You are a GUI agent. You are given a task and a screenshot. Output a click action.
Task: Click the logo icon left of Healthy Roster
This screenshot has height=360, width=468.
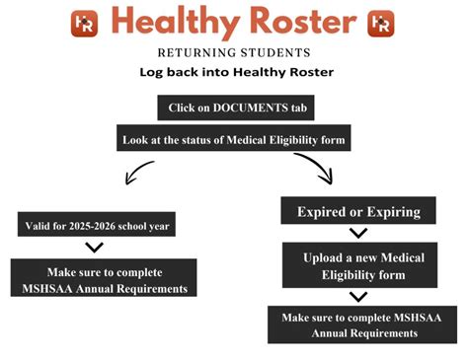84,24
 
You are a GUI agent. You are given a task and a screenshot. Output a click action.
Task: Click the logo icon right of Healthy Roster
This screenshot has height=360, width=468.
380,24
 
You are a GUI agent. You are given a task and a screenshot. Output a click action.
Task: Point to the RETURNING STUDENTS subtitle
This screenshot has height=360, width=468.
234,52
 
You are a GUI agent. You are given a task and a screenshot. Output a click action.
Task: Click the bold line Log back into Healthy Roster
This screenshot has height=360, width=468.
234,72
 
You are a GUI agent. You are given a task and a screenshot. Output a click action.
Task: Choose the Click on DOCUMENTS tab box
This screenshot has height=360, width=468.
234,107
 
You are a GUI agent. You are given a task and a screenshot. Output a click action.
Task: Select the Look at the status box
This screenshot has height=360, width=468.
234,138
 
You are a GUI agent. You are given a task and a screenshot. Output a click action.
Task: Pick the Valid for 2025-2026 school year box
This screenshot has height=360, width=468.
97,225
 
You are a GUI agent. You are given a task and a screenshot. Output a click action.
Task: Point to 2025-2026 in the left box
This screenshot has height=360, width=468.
97,225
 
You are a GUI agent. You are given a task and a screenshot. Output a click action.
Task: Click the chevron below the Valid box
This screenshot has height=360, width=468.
96,248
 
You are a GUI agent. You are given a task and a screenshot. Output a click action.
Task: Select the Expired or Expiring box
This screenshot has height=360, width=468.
358,211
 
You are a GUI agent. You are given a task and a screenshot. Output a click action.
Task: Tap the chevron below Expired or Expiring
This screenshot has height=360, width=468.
358,234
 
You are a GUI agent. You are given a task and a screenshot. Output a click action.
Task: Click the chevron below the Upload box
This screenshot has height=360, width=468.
358,296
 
